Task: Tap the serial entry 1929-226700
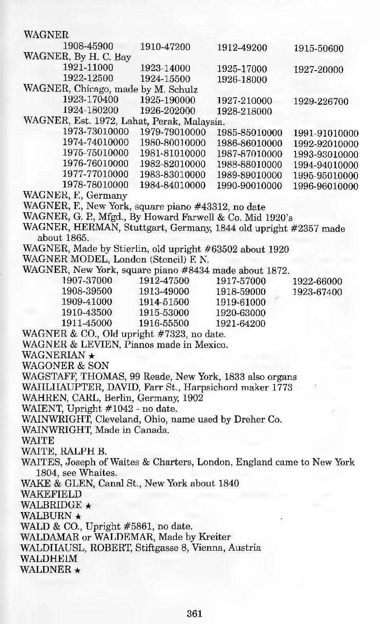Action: (x=320, y=102)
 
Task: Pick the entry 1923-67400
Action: (x=317, y=292)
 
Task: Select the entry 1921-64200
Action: (x=241, y=324)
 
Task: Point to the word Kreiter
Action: (x=215, y=537)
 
